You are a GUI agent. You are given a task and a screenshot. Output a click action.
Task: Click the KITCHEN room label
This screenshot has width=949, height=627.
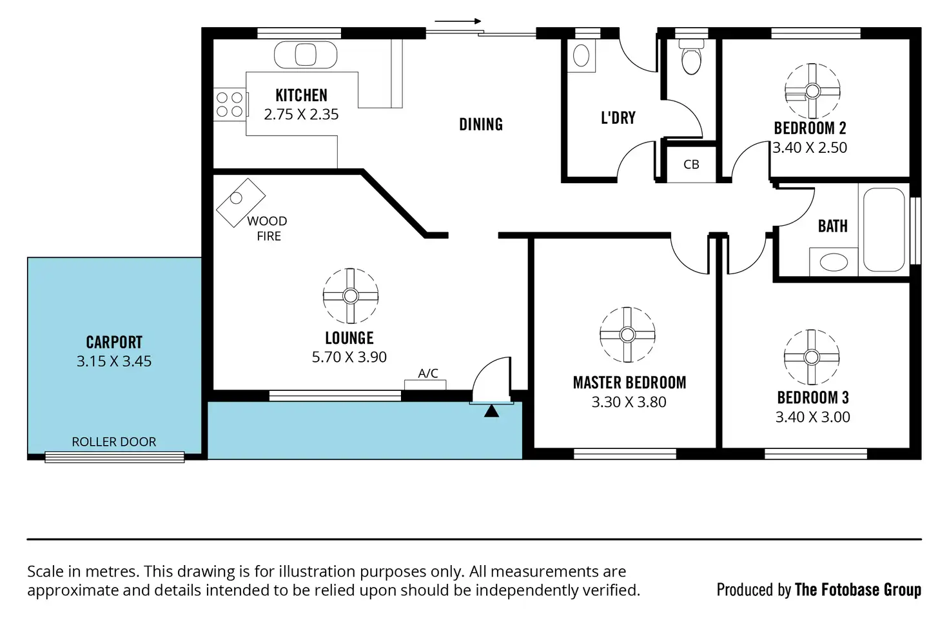coord(301,95)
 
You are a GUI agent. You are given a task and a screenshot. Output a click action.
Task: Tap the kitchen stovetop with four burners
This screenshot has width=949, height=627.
coord(230,104)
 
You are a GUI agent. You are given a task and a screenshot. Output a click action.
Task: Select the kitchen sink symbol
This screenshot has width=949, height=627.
coord(305,55)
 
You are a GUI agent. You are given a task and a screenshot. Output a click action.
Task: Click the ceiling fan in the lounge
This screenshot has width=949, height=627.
coord(350,296)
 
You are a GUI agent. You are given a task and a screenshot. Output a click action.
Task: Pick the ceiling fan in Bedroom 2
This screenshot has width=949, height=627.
coord(812,91)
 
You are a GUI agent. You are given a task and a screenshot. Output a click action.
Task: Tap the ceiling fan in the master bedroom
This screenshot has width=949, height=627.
coord(627,334)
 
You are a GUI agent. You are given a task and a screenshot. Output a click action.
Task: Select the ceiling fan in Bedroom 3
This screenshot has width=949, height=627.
coord(812,357)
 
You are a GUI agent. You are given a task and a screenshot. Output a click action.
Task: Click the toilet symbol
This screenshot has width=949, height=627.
coord(691,57)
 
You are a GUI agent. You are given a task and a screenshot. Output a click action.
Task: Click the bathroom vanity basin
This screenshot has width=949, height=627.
coord(833,262)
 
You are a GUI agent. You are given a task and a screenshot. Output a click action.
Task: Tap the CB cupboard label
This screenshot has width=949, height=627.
coord(691,164)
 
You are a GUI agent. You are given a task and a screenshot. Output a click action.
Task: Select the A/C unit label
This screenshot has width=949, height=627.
coord(428,373)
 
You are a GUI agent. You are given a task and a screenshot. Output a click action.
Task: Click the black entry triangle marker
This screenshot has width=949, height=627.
coord(491,410)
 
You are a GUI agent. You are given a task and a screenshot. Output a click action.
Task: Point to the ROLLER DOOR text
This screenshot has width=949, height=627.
coord(114,442)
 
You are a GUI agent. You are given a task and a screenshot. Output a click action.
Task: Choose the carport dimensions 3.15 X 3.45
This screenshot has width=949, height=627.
coord(114,361)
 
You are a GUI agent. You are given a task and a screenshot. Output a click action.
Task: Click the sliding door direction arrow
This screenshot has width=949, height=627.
coord(458,21)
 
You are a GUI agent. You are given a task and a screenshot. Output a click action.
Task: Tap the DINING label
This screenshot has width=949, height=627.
coord(481,124)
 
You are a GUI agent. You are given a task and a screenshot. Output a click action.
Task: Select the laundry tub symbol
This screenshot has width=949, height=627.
coord(582,55)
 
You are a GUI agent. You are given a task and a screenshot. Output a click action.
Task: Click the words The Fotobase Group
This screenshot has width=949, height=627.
coord(857,590)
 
